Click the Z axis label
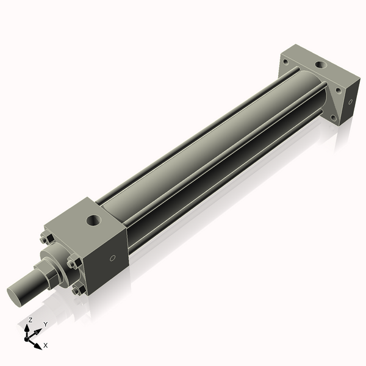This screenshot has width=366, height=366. click(x=30, y=320)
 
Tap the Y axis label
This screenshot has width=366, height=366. click(x=45, y=324)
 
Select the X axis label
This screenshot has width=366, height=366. click(x=46, y=345)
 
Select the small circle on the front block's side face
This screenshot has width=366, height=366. click(x=112, y=258)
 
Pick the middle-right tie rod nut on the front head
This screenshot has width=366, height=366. click(x=74, y=264)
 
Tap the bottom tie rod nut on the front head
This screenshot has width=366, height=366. click(x=77, y=290)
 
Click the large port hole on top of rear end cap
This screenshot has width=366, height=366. click(x=320, y=64)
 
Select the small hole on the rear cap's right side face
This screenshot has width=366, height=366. click(x=350, y=102)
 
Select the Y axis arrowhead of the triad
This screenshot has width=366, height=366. click(x=39, y=331)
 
